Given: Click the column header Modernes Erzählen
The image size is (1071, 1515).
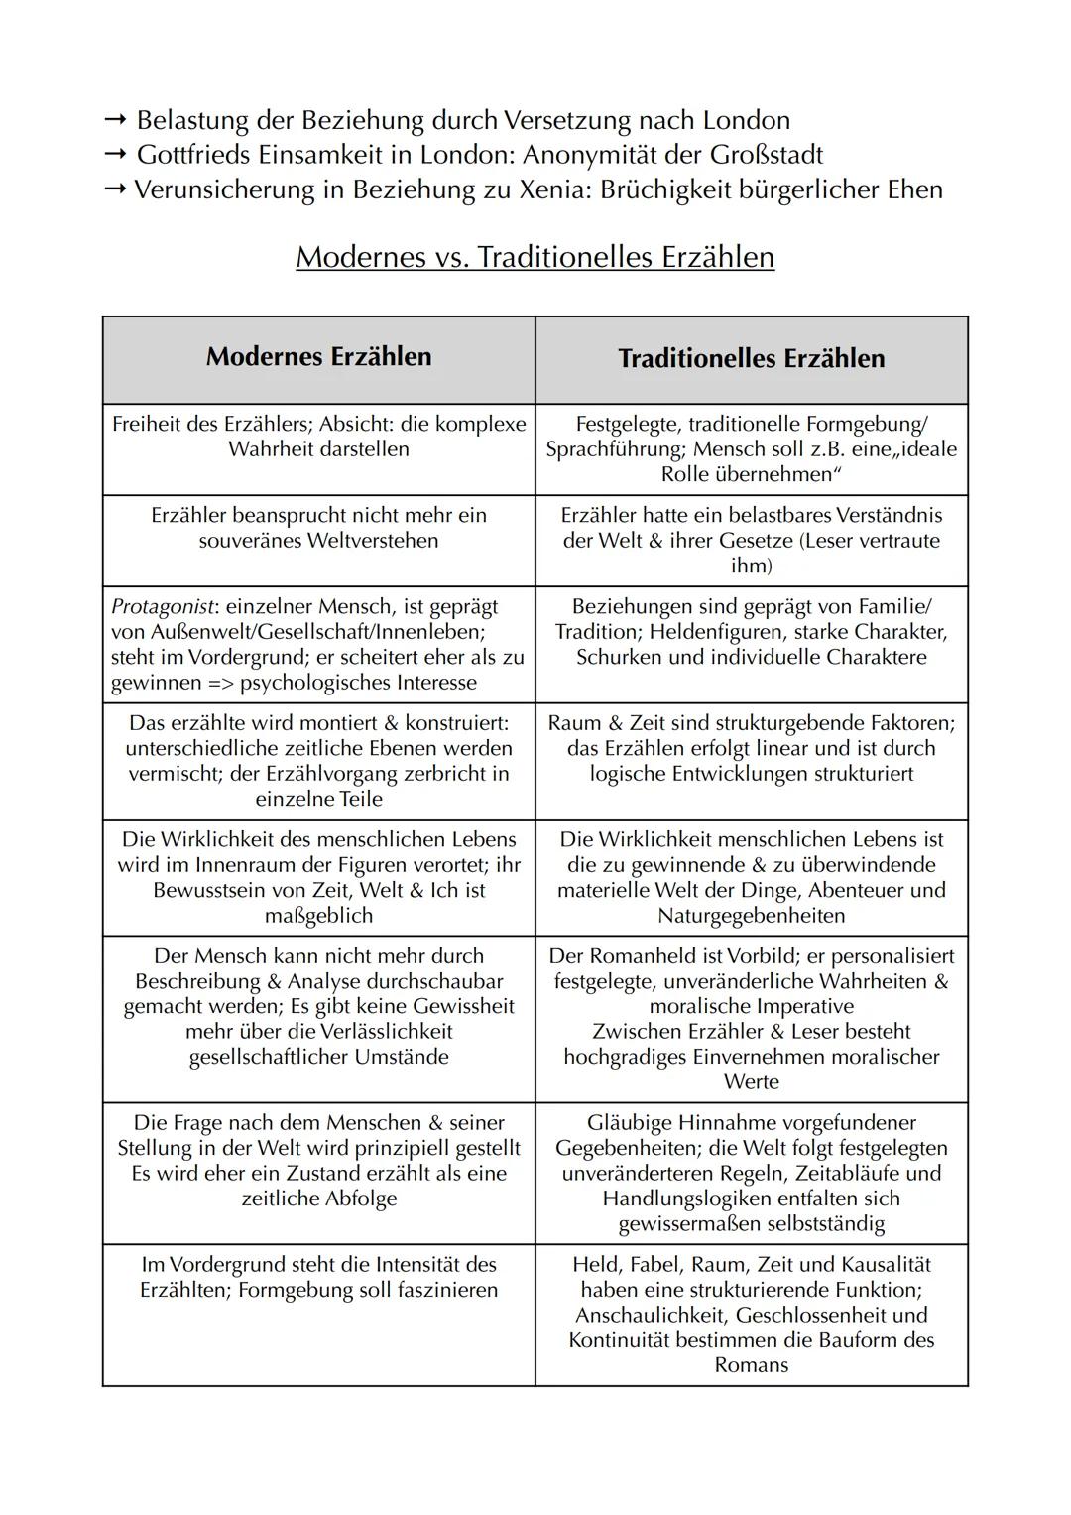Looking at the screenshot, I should click(x=318, y=357).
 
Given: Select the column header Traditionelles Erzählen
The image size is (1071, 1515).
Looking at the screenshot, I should click(x=751, y=358).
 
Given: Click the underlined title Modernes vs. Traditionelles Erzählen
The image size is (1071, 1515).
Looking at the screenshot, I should click(x=535, y=257).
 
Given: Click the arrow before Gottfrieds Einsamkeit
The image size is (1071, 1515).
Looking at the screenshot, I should click(x=115, y=156).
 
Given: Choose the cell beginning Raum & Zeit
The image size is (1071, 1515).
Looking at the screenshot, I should click(x=751, y=748).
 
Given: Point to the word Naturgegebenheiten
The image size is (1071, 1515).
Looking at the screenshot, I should click(x=751, y=915).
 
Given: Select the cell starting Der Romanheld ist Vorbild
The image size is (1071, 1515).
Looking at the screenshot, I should click(x=751, y=1018).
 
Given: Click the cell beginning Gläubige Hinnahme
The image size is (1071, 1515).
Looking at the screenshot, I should click(x=751, y=1173).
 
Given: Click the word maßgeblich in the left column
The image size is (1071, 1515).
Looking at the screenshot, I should click(x=318, y=915).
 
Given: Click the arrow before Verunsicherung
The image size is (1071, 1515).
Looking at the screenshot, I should click(x=115, y=190).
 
